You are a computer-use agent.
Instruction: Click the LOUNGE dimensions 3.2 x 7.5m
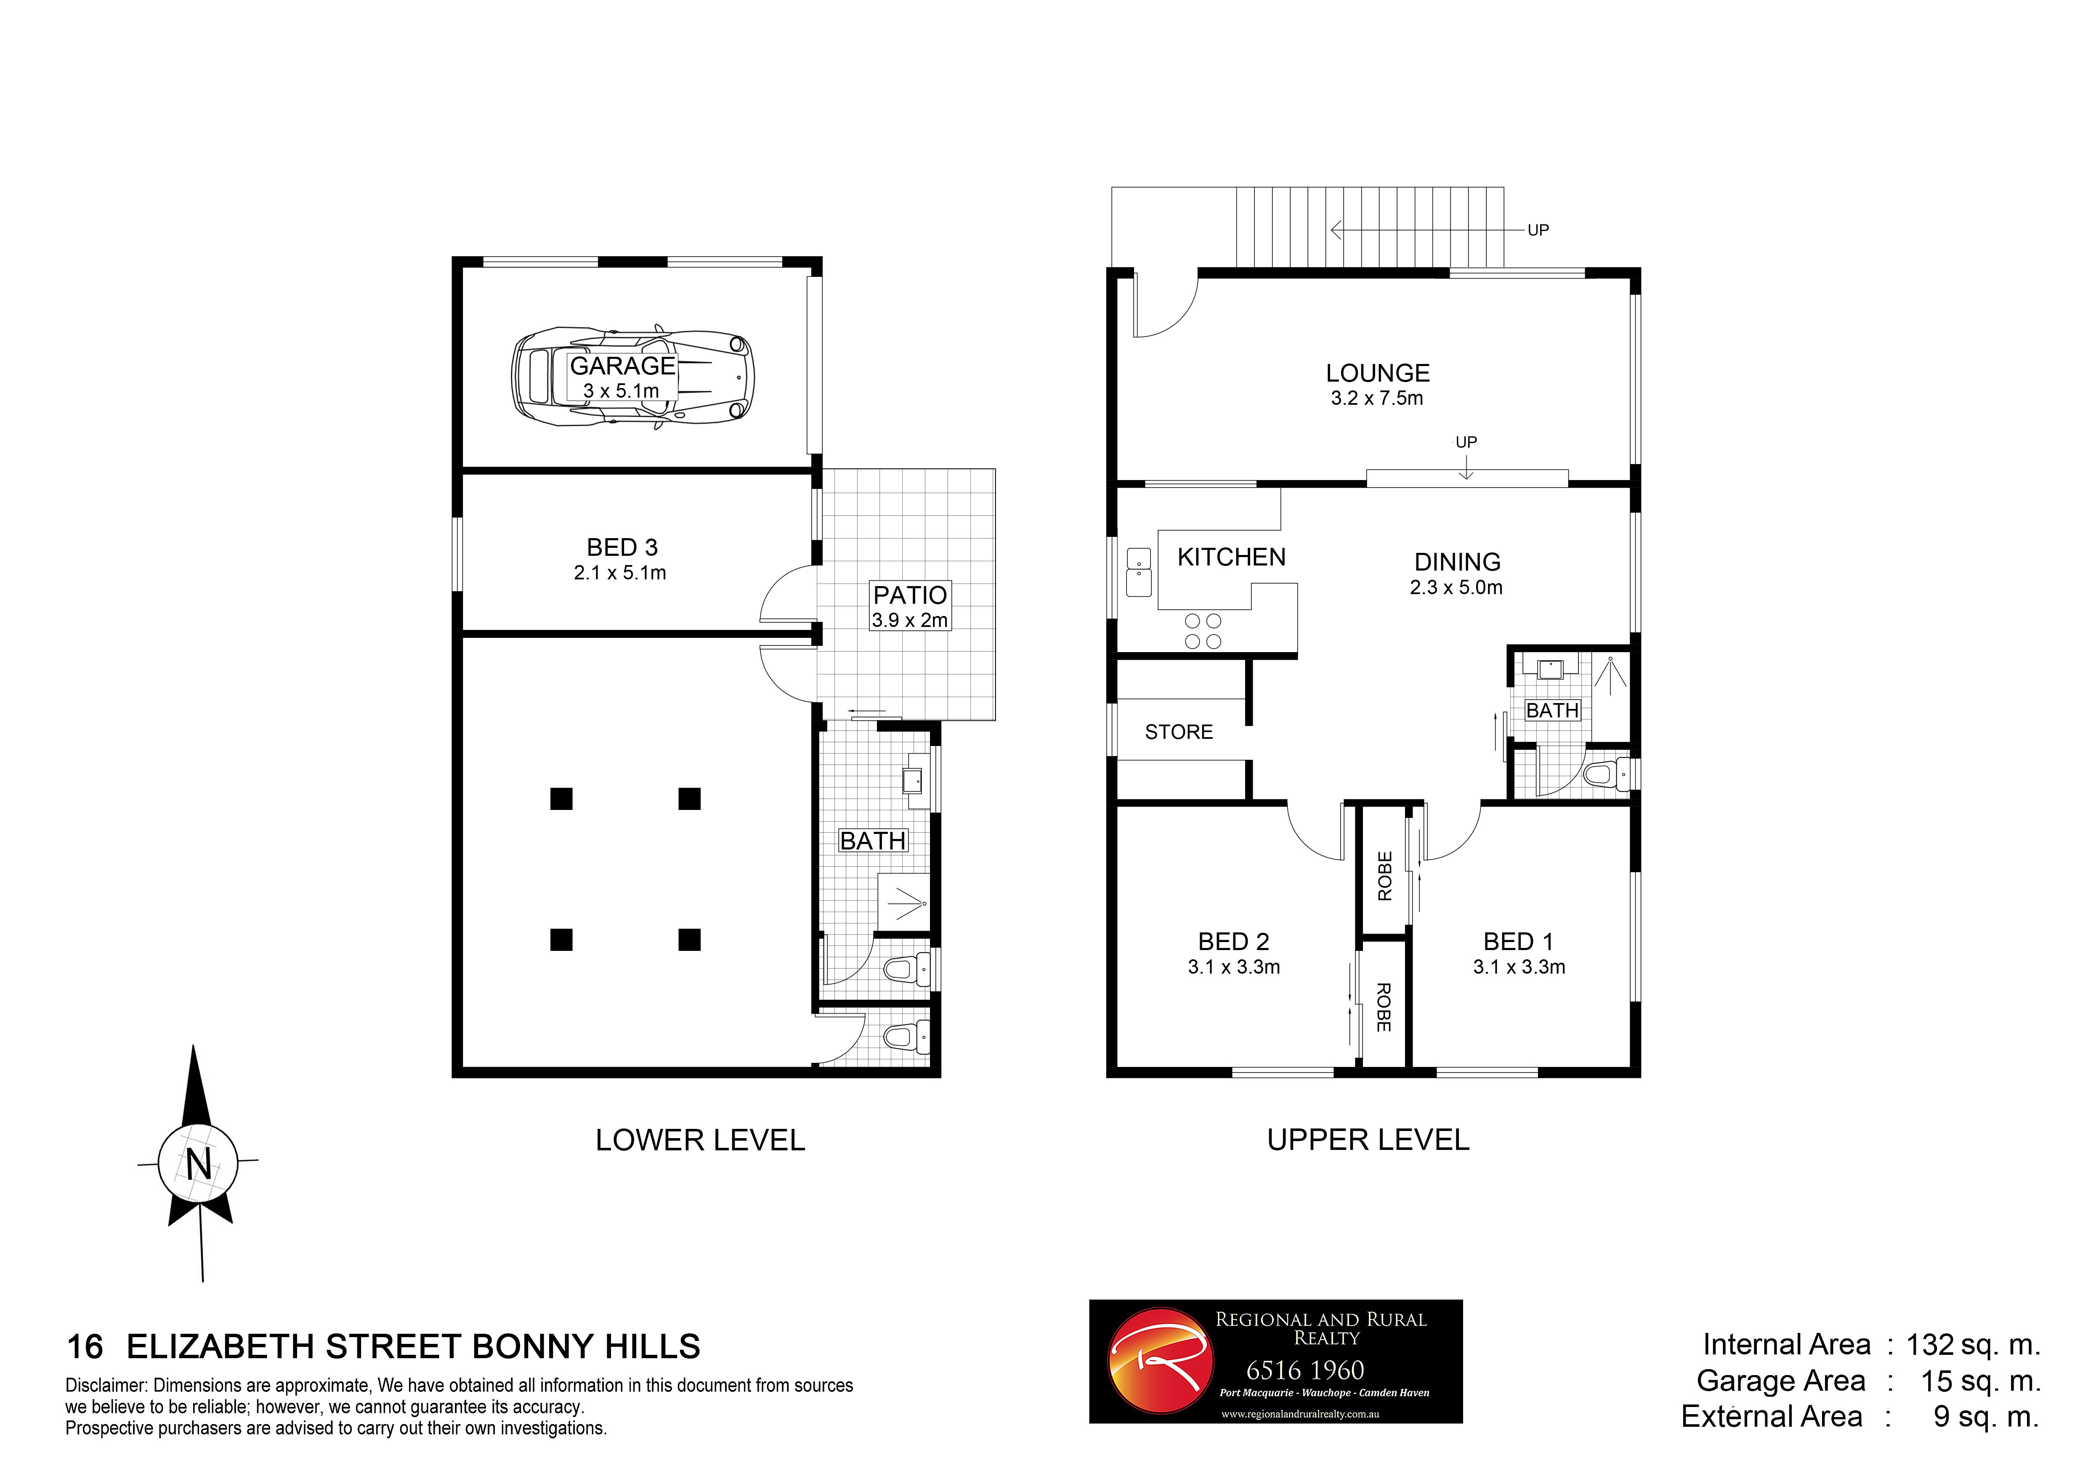pos(1377,398)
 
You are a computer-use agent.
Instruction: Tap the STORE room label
pos(1179,732)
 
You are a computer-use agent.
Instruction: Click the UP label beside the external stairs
pos(1538,230)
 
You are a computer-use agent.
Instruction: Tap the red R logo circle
pos(1161,1362)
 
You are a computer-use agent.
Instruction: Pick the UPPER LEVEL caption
pos(1368,1140)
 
